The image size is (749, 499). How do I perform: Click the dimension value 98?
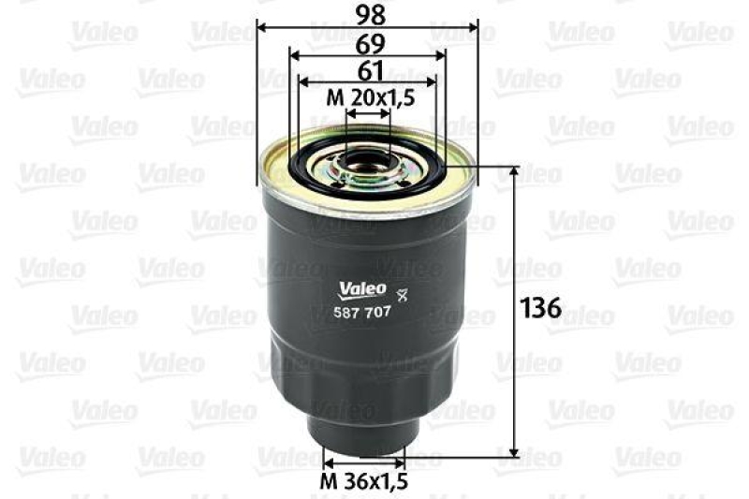[x=366, y=13]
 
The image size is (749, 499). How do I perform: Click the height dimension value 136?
[x=540, y=308]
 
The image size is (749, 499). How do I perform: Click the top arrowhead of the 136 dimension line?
[x=513, y=171]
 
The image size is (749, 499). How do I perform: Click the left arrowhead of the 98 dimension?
[x=261, y=26]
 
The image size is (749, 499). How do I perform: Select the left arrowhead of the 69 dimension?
[x=293, y=54]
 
